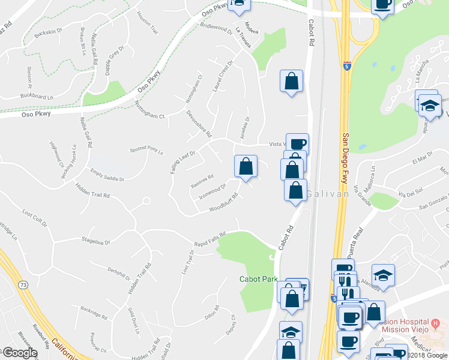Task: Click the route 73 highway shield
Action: (x=23, y=284)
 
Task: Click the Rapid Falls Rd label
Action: (x=209, y=238)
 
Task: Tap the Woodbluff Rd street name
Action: (x=224, y=203)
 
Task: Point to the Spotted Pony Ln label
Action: (x=146, y=150)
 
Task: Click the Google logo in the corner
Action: (x=19, y=353)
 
